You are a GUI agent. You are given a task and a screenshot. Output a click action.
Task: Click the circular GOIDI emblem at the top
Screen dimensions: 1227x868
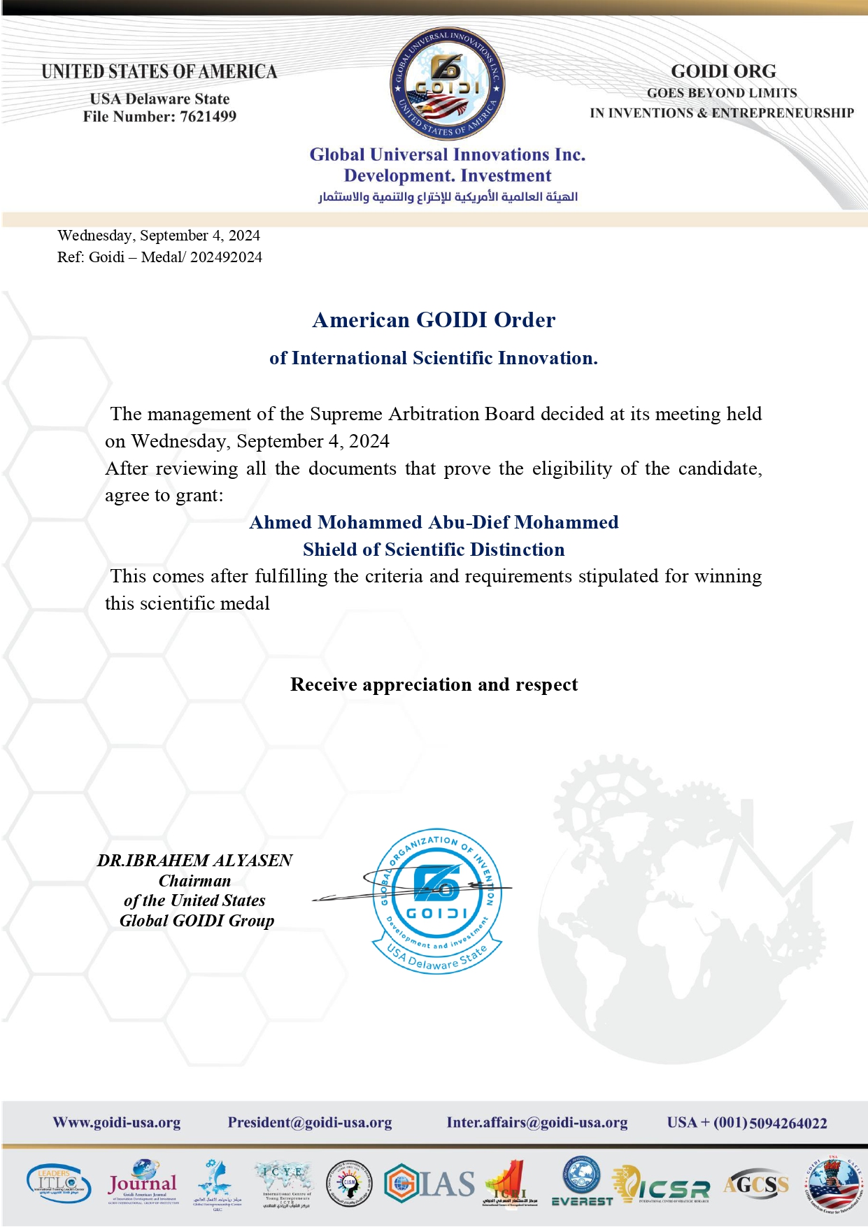[448, 85]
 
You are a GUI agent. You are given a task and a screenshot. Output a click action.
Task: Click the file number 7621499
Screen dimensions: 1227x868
[208, 117]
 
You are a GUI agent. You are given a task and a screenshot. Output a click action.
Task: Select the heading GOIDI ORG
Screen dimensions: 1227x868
[723, 71]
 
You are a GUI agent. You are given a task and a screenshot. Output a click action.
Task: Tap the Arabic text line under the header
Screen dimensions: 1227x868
[448, 196]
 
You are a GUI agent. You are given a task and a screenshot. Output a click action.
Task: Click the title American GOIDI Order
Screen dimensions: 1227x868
[434, 320]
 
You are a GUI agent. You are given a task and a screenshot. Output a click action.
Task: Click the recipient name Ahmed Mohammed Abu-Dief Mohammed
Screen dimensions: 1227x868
[434, 522]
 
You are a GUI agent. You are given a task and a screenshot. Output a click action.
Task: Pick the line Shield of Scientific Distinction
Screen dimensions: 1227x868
[434, 550]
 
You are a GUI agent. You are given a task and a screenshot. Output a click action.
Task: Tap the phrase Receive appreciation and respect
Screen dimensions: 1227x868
[434, 684]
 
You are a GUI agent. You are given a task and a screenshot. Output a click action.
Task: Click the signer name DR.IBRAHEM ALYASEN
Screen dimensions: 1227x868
[194, 861]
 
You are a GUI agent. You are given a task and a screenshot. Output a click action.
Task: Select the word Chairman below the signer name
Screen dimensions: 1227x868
[194, 881]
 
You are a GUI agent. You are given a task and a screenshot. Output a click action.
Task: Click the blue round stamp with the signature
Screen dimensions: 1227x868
[437, 899]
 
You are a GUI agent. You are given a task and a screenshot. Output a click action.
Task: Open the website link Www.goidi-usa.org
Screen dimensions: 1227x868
[117, 1123]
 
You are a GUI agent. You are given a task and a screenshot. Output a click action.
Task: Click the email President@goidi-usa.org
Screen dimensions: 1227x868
[310, 1123]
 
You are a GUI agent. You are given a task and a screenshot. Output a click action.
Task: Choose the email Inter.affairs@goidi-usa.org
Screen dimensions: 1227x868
[537, 1123]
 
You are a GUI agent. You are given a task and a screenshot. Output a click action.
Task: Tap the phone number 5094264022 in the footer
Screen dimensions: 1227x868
[788, 1124]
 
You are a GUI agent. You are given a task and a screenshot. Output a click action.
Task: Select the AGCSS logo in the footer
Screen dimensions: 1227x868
[756, 1184]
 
